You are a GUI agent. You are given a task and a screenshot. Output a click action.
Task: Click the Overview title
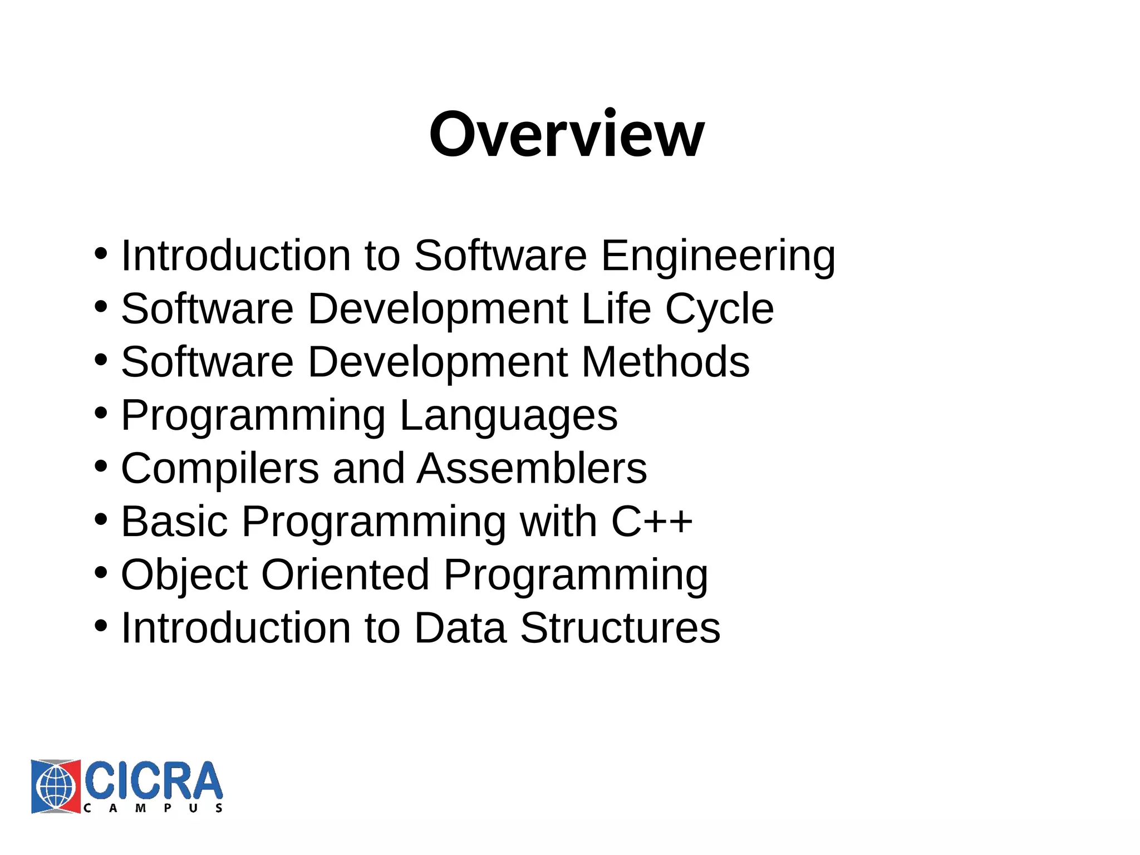pos(567,135)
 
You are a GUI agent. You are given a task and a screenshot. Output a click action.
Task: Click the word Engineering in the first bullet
pos(718,255)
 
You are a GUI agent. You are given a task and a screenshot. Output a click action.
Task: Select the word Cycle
pos(719,309)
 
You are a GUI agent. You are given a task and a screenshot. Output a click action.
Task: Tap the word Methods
pos(666,362)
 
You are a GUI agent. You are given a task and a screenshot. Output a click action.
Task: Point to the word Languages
pos(508,416)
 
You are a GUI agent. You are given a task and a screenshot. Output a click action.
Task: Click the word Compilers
pos(220,469)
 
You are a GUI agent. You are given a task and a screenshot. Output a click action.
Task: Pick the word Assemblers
pos(532,469)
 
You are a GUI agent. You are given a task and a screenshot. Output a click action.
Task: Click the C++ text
pos(652,522)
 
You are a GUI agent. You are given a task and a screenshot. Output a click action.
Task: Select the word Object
pos(184,575)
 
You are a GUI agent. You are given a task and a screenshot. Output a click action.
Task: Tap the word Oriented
pos(345,575)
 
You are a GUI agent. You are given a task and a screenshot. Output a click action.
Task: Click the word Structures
pos(620,628)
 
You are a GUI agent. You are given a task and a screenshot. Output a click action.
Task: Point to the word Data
pos(460,628)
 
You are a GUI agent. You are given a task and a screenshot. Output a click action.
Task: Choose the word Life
pos(616,309)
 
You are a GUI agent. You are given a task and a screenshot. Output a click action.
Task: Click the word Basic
pos(175,522)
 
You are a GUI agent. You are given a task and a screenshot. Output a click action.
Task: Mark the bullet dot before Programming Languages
pos(101,414)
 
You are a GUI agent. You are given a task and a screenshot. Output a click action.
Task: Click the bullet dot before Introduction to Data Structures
pos(101,626)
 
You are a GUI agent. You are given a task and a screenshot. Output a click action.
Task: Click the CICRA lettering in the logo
pos(153,780)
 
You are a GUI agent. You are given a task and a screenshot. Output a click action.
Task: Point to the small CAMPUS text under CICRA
pos(153,808)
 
